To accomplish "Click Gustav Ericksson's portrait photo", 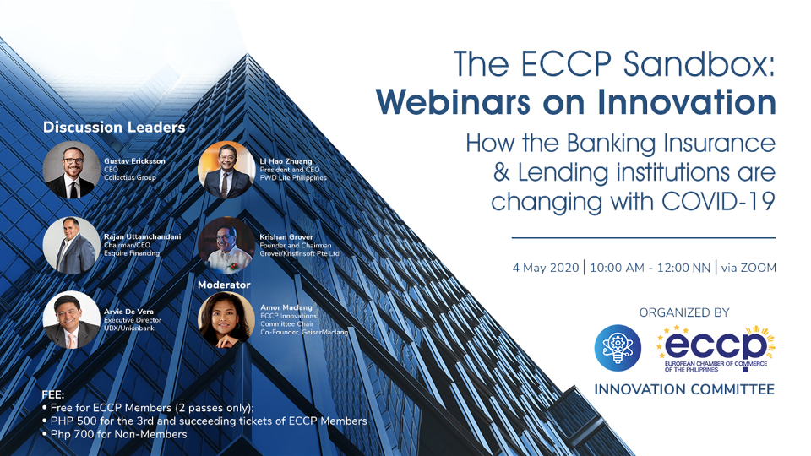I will coord(71,170).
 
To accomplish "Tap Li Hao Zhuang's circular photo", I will coord(226,170).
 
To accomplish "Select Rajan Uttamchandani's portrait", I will coord(71,246).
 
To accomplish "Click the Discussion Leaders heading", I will coord(114,128).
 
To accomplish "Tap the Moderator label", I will coord(226,285).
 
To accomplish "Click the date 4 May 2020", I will coord(546,268).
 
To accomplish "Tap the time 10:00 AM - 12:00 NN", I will coord(649,268).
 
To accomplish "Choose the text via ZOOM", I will coord(749,268).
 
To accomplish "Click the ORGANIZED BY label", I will coord(683,312).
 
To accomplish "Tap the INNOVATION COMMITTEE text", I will coord(684,390).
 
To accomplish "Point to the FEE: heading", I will coord(54,395).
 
